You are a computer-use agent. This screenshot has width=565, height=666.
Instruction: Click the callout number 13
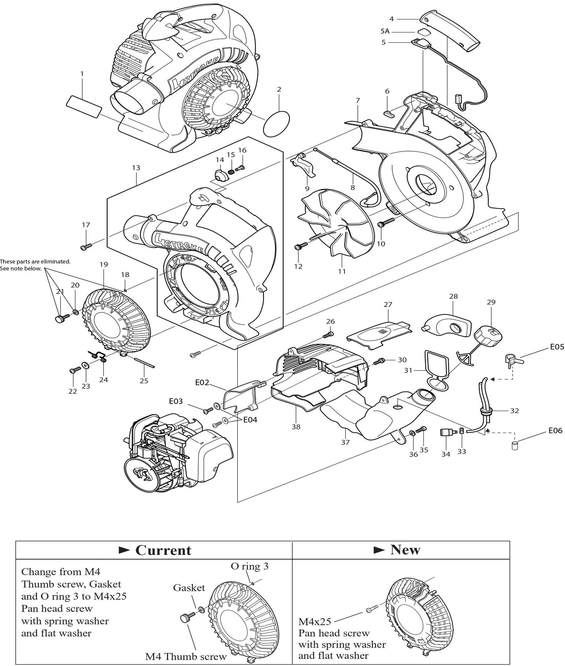(136, 168)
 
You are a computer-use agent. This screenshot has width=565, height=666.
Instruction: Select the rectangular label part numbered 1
(84, 106)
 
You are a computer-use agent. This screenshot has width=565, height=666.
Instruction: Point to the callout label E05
(557, 347)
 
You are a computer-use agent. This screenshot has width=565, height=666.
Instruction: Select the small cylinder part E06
(515, 446)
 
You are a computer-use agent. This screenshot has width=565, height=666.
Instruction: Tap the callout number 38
(296, 427)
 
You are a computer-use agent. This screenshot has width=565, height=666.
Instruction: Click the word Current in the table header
(163, 550)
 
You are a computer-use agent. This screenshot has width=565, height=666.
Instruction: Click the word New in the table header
(405, 549)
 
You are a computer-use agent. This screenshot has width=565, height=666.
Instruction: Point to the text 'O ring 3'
(250, 566)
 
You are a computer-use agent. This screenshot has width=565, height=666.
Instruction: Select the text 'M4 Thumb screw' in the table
(186, 656)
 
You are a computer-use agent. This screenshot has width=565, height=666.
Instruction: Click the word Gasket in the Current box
(189, 587)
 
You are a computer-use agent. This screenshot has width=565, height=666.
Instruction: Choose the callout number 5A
(385, 31)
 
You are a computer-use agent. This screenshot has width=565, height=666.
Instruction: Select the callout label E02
(202, 383)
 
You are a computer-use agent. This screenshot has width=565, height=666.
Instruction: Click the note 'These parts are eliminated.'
(35, 261)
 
